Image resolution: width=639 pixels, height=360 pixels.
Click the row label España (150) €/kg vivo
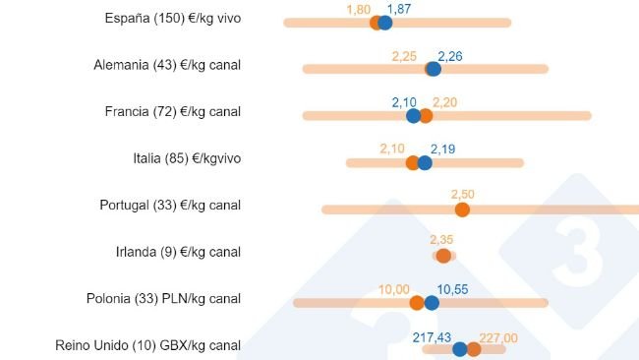click(x=172, y=19)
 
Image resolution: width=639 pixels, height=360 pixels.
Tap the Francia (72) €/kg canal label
click(x=172, y=111)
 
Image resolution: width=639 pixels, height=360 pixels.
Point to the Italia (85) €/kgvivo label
click(x=187, y=157)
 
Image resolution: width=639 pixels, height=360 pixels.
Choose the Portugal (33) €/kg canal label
click(x=170, y=205)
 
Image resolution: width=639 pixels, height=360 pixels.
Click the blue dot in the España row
click(x=385, y=23)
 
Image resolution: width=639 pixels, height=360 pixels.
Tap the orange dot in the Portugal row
click(x=462, y=210)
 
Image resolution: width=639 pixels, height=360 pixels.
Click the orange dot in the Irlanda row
click(x=443, y=256)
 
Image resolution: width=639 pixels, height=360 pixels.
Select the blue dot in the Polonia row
click(x=432, y=303)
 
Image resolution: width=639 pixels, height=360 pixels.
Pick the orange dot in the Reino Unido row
click(x=474, y=349)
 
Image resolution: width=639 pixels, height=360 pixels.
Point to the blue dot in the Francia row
click(x=414, y=116)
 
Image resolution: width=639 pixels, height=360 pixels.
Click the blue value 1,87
click(x=399, y=8)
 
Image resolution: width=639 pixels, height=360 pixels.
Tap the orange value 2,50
click(x=462, y=194)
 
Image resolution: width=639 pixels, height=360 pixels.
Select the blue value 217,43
click(x=433, y=335)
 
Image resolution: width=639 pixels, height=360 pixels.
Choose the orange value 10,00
click(x=394, y=288)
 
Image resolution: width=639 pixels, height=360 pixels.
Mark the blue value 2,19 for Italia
click(x=442, y=149)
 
